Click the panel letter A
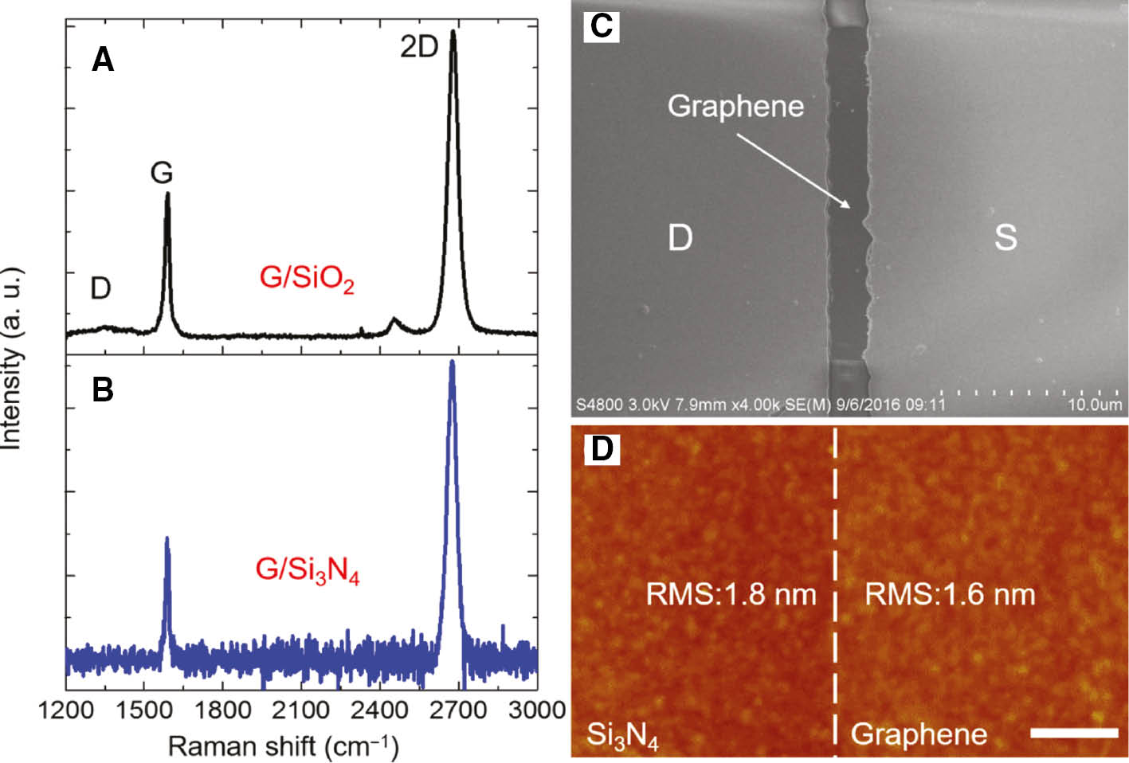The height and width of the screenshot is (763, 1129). [103, 60]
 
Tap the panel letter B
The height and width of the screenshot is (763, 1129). [103, 390]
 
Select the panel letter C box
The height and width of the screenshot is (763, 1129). [601, 26]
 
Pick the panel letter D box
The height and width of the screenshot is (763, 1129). [602, 448]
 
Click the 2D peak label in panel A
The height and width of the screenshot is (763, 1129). [419, 47]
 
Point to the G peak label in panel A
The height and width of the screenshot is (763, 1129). [162, 172]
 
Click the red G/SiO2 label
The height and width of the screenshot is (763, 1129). [307, 278]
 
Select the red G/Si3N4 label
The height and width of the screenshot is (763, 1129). [308, 569]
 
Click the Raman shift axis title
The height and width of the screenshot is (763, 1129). [283, 746]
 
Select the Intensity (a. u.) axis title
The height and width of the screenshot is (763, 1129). [11, 358]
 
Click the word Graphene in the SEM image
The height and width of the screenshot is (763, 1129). [735, 106]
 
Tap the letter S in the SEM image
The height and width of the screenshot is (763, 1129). [1006, 237]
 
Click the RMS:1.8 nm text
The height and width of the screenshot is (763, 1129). [731, 594]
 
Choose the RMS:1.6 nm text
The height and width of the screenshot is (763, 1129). [950, 594]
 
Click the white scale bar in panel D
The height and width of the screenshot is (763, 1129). [1074, 731]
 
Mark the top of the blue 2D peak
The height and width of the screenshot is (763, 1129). [453, 363]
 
